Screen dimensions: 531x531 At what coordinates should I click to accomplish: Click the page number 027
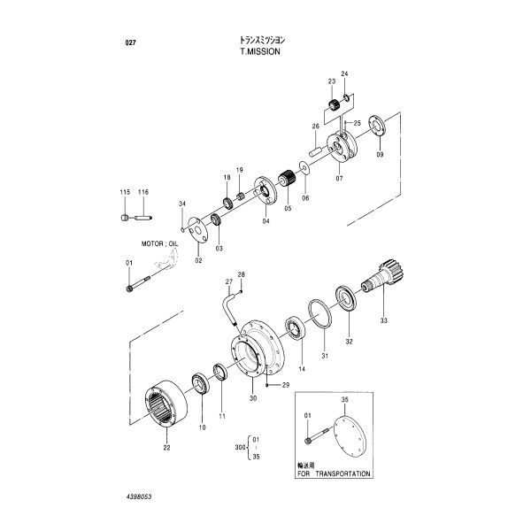(130, 42)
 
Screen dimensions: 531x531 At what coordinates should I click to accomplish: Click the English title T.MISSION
(260, 51)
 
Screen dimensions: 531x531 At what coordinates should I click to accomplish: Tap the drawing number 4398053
(139, 496)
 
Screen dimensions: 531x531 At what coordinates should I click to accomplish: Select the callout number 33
(383, 320)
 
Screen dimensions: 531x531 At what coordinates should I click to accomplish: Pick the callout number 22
(166, 447)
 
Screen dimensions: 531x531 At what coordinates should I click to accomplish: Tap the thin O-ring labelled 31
(320, 313)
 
